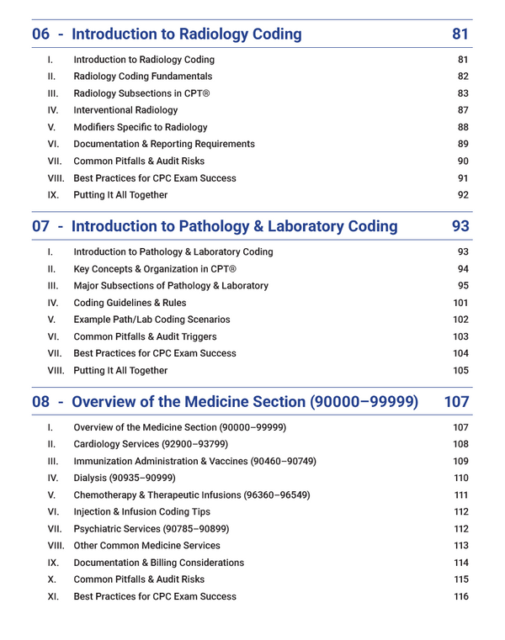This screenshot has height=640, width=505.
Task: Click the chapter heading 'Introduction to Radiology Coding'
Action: [187, 34]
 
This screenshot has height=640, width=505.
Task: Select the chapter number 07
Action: [41, 226]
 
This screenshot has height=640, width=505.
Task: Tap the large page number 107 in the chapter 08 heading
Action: [456, 402]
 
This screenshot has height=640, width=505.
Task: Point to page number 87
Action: [463, 110]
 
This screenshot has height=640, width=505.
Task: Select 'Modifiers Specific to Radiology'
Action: [141, 127]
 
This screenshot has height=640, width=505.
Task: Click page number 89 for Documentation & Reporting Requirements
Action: [463, 144]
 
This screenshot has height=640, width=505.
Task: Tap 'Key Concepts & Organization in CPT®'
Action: [156, 269]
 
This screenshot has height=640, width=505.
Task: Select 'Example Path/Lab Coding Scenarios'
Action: [151, 320]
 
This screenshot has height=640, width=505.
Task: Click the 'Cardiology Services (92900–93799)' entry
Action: [151, 444]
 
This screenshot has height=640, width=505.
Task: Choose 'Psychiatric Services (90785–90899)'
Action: [151, 529]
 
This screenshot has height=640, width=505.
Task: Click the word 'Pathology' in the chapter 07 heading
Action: [263, 226]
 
